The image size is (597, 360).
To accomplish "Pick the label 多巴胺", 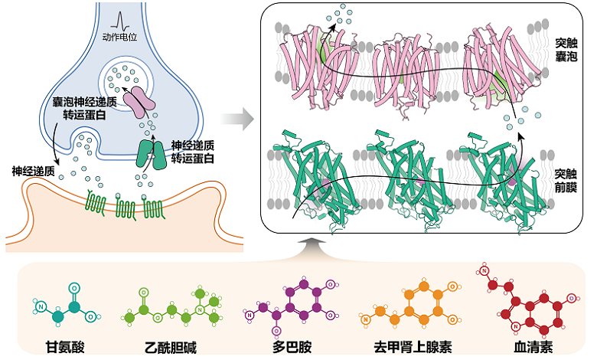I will (x=292, y=346).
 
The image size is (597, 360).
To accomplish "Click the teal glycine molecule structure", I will (x=65, y=307).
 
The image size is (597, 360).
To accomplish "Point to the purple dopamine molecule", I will (x=295, y=305).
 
